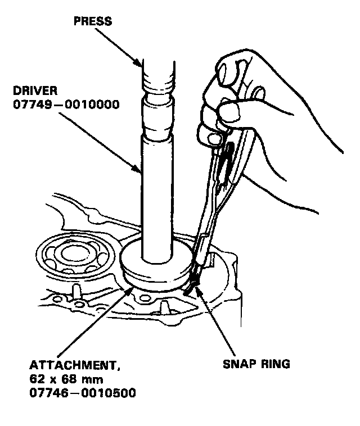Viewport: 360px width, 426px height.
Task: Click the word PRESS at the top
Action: tap(93, 22)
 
